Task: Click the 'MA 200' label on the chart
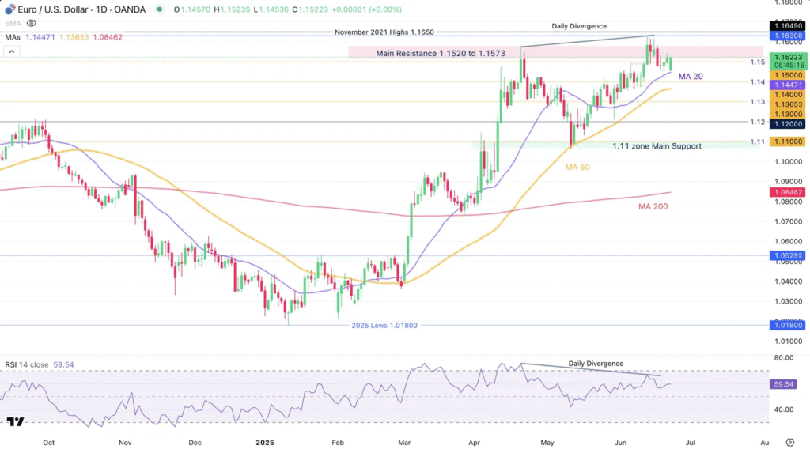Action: click(656, 206)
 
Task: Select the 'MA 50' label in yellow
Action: click(577, 168)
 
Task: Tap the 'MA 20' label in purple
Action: click(690, 77)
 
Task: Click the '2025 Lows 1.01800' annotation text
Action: click(384, 325)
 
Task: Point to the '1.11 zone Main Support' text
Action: click(657, 146)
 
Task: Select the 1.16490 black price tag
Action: click(789, 26)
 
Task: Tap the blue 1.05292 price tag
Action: click(789, 255)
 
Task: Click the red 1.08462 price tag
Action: click(789, 192)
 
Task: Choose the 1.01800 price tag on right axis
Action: click(789, 325)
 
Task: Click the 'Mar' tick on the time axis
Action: click(404, 442)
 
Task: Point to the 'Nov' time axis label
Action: click(124, 442)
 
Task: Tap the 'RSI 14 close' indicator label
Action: click(27, 364)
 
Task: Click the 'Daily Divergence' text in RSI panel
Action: click(596, 364)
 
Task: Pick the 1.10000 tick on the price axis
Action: click(785, 162)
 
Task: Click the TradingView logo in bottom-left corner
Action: click(14, 422)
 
